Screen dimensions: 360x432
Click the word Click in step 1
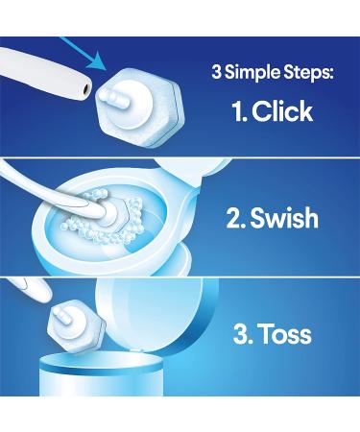click(282, 111)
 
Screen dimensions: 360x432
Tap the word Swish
click(284, 218)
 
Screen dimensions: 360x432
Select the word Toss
click(285, 334)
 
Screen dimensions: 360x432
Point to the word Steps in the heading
click(307, 73)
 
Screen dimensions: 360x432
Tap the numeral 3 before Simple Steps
click(216, 72)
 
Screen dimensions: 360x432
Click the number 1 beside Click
click(239, 111)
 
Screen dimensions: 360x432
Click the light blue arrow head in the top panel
click(98, 60)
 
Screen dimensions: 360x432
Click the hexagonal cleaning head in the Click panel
click(140, 108)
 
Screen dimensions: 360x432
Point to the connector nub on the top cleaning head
click(112, 96)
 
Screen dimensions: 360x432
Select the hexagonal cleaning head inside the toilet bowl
click(114, 215)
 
